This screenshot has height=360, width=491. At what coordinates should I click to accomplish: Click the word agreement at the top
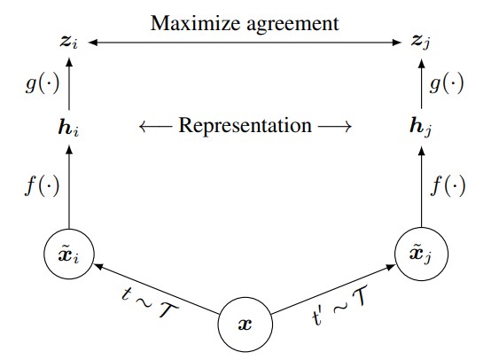pyautogui.click(x=293, y=25)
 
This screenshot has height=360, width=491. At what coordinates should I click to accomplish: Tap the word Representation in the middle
pyautogui.click(x=245, y=126)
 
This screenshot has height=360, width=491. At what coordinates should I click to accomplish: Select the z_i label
pyautogui.click(x=68, y=43)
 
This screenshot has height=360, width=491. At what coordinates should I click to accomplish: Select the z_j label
pyautogui.click(x=421, y=43)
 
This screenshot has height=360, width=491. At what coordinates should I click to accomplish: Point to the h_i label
pyautogui.click(x=68, y=127)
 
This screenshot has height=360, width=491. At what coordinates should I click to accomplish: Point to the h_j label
pyautogui.click(x=421, y=128)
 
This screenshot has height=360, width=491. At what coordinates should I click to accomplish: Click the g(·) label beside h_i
pyautogui.click(x=43, y=83)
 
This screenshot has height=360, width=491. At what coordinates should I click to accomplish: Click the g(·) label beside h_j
pyautogui.click(x=447, y=83)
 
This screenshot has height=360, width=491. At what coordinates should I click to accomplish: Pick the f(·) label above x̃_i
pyautogui.click(x=42, y=185)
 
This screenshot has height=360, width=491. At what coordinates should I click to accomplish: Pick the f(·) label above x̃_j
pyautogui.click(x=448, y=185)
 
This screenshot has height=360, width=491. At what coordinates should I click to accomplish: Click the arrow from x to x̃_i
pyautogui.click(x=156, y=288)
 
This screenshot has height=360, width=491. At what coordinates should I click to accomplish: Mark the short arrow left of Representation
pyautogui.click(x=156, y=127)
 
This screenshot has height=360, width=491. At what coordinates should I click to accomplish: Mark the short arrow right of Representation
pyautogui.click(x=335, y=127)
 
